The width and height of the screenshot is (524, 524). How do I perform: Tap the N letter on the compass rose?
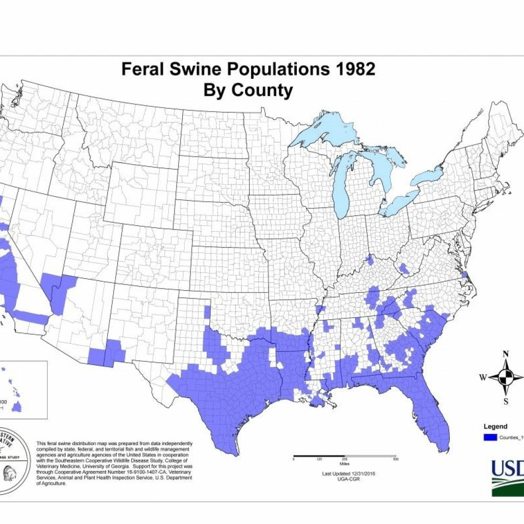(x=506, y=354)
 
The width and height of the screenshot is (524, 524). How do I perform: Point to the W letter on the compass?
(x=482, y=378)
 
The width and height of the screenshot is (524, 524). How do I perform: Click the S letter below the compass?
(x=506, y=401)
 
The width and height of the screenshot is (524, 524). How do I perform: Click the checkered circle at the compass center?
(x=506, y=377)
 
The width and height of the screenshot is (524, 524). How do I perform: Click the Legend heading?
(x=495, y=426)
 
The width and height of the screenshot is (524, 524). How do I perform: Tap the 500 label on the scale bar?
(x=395, y=460)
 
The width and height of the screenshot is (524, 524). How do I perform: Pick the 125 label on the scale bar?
(x=319, y=460)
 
